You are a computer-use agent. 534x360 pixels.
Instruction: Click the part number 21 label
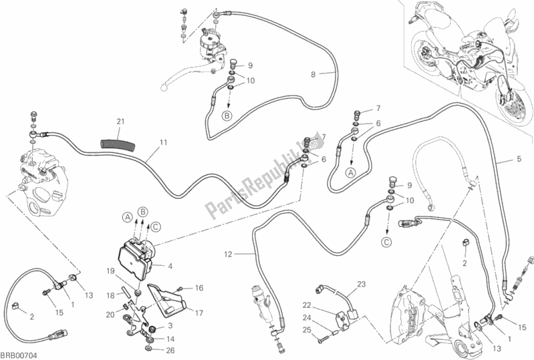(x=120, y=121)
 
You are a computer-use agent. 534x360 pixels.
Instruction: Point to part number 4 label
(x=170, y=266)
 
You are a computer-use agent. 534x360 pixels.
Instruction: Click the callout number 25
(x=307, y=330)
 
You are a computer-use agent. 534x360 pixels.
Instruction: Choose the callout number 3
(x=170, y=325)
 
